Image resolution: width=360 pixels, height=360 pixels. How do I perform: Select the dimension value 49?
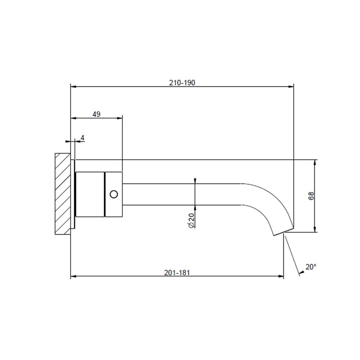point(96,114)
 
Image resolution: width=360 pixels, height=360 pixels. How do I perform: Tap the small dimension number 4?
point(83,138)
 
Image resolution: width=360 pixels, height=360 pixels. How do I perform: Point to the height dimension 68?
point(311,196)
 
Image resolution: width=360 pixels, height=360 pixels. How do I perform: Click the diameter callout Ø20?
point(191,221)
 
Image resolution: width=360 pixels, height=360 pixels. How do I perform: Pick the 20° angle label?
point(311,267)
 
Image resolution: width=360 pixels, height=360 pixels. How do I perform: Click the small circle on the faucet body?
point(113,194)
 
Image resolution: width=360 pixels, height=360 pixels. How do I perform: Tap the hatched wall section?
point(62,193)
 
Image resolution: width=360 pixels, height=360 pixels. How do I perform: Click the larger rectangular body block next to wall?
point(90,194)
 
